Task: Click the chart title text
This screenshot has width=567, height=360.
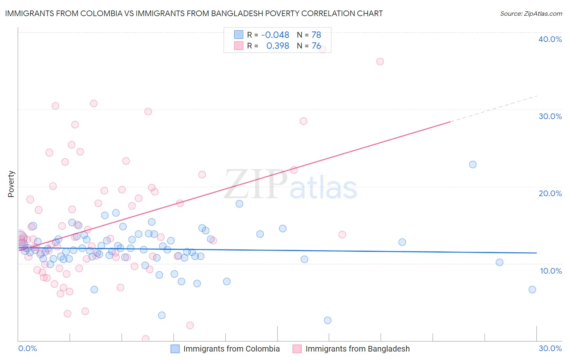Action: point(194,13)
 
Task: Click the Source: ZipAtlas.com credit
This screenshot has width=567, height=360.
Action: point(531,13)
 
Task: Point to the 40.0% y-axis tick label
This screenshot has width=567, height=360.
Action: point(550,39)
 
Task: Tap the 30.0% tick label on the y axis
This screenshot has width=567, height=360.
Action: point(550,116)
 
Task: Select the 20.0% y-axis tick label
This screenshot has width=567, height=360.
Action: point(550,193)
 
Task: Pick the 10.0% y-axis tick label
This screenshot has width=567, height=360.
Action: point(551,271)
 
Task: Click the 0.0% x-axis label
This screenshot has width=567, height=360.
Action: point(27,348)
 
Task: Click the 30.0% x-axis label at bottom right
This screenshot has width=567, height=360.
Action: point(550,348)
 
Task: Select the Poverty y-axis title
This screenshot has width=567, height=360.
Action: point(11,184)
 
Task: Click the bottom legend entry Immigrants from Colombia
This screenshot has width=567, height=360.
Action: point(231,349)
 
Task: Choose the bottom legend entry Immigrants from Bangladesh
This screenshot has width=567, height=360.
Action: point(357,349)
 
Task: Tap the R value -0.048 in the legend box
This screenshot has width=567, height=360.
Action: point(275,35)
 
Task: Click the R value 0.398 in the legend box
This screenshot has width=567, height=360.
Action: point(277,46)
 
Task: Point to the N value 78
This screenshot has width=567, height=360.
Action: point(316,35)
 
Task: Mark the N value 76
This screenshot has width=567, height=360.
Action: point(316,46)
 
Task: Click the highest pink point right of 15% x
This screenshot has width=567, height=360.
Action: point(322,50)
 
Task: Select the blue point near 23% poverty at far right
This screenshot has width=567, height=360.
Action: point(473,164)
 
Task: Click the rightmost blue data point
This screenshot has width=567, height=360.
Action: point(532,289)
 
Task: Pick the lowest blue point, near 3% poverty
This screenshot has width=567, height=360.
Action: point(327,320)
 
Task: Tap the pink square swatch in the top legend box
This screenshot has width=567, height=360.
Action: point(239,46)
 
